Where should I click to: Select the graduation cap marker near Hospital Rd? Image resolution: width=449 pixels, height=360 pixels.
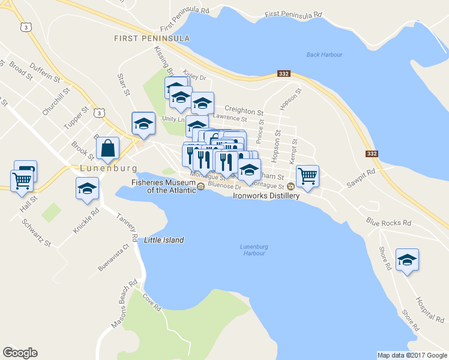click(408, 260)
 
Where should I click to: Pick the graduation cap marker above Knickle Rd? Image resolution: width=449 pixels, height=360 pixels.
click(88, 188)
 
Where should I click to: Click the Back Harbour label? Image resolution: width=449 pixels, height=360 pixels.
click(324, 55)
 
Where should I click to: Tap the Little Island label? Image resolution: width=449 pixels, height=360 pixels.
click(164, 240)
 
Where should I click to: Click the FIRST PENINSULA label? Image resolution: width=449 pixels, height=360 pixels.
click(152, 38)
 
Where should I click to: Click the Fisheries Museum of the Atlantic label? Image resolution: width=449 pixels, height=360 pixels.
click(164, 186)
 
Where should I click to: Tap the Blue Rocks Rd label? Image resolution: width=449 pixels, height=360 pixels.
click(389, 223)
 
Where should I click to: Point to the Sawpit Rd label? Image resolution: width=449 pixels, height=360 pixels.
click(360, 179)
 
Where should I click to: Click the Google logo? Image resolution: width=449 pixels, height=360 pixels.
click(20, 353)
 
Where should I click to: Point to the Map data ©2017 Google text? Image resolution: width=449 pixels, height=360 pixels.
click(411, 355)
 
